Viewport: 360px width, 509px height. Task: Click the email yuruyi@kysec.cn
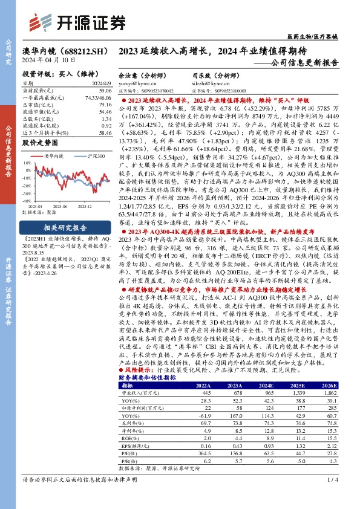tap(135, 84)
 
